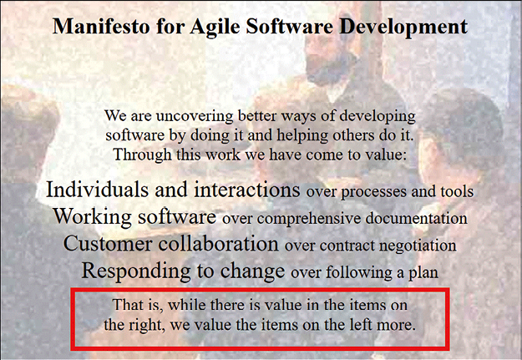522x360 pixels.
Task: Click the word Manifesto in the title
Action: click(101, 26)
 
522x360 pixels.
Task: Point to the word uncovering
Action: click(195, 116)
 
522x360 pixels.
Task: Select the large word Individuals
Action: click(97, 189)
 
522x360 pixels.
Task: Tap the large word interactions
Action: click(247, 189)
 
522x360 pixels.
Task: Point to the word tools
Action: click(457, 191)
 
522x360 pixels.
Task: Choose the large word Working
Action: click(93, 217)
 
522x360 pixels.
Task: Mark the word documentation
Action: click(417, 218)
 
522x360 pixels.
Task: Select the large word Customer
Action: click(107, 243)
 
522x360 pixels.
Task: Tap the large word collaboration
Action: click(218, 243)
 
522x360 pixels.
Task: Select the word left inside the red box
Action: click(361, 324)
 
